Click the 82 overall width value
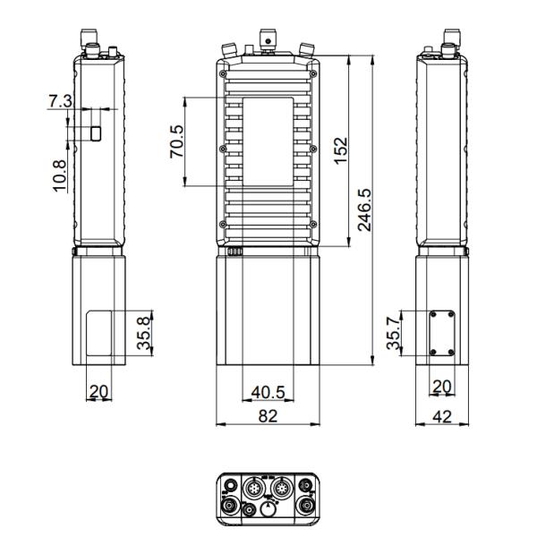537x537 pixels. (267, 416)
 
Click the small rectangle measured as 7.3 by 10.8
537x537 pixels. (95, 132)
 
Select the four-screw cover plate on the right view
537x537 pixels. (439, 332)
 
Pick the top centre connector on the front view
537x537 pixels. (267, 37)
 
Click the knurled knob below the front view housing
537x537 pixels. (235, 252)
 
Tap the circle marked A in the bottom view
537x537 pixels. (268, 508)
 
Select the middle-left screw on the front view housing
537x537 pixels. (221, 148)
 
